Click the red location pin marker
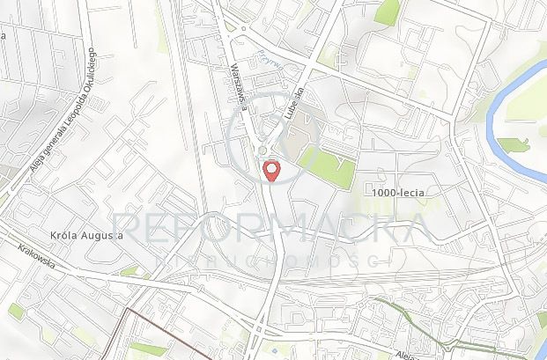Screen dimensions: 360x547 click(x=271, y=171)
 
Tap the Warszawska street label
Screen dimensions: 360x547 click(x=237, y=83)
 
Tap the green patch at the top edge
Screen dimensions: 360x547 click(x=387, y=11)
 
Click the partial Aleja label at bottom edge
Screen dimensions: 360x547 click(x=407, y=354)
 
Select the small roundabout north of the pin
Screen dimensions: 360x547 click(x=262, y=151)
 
